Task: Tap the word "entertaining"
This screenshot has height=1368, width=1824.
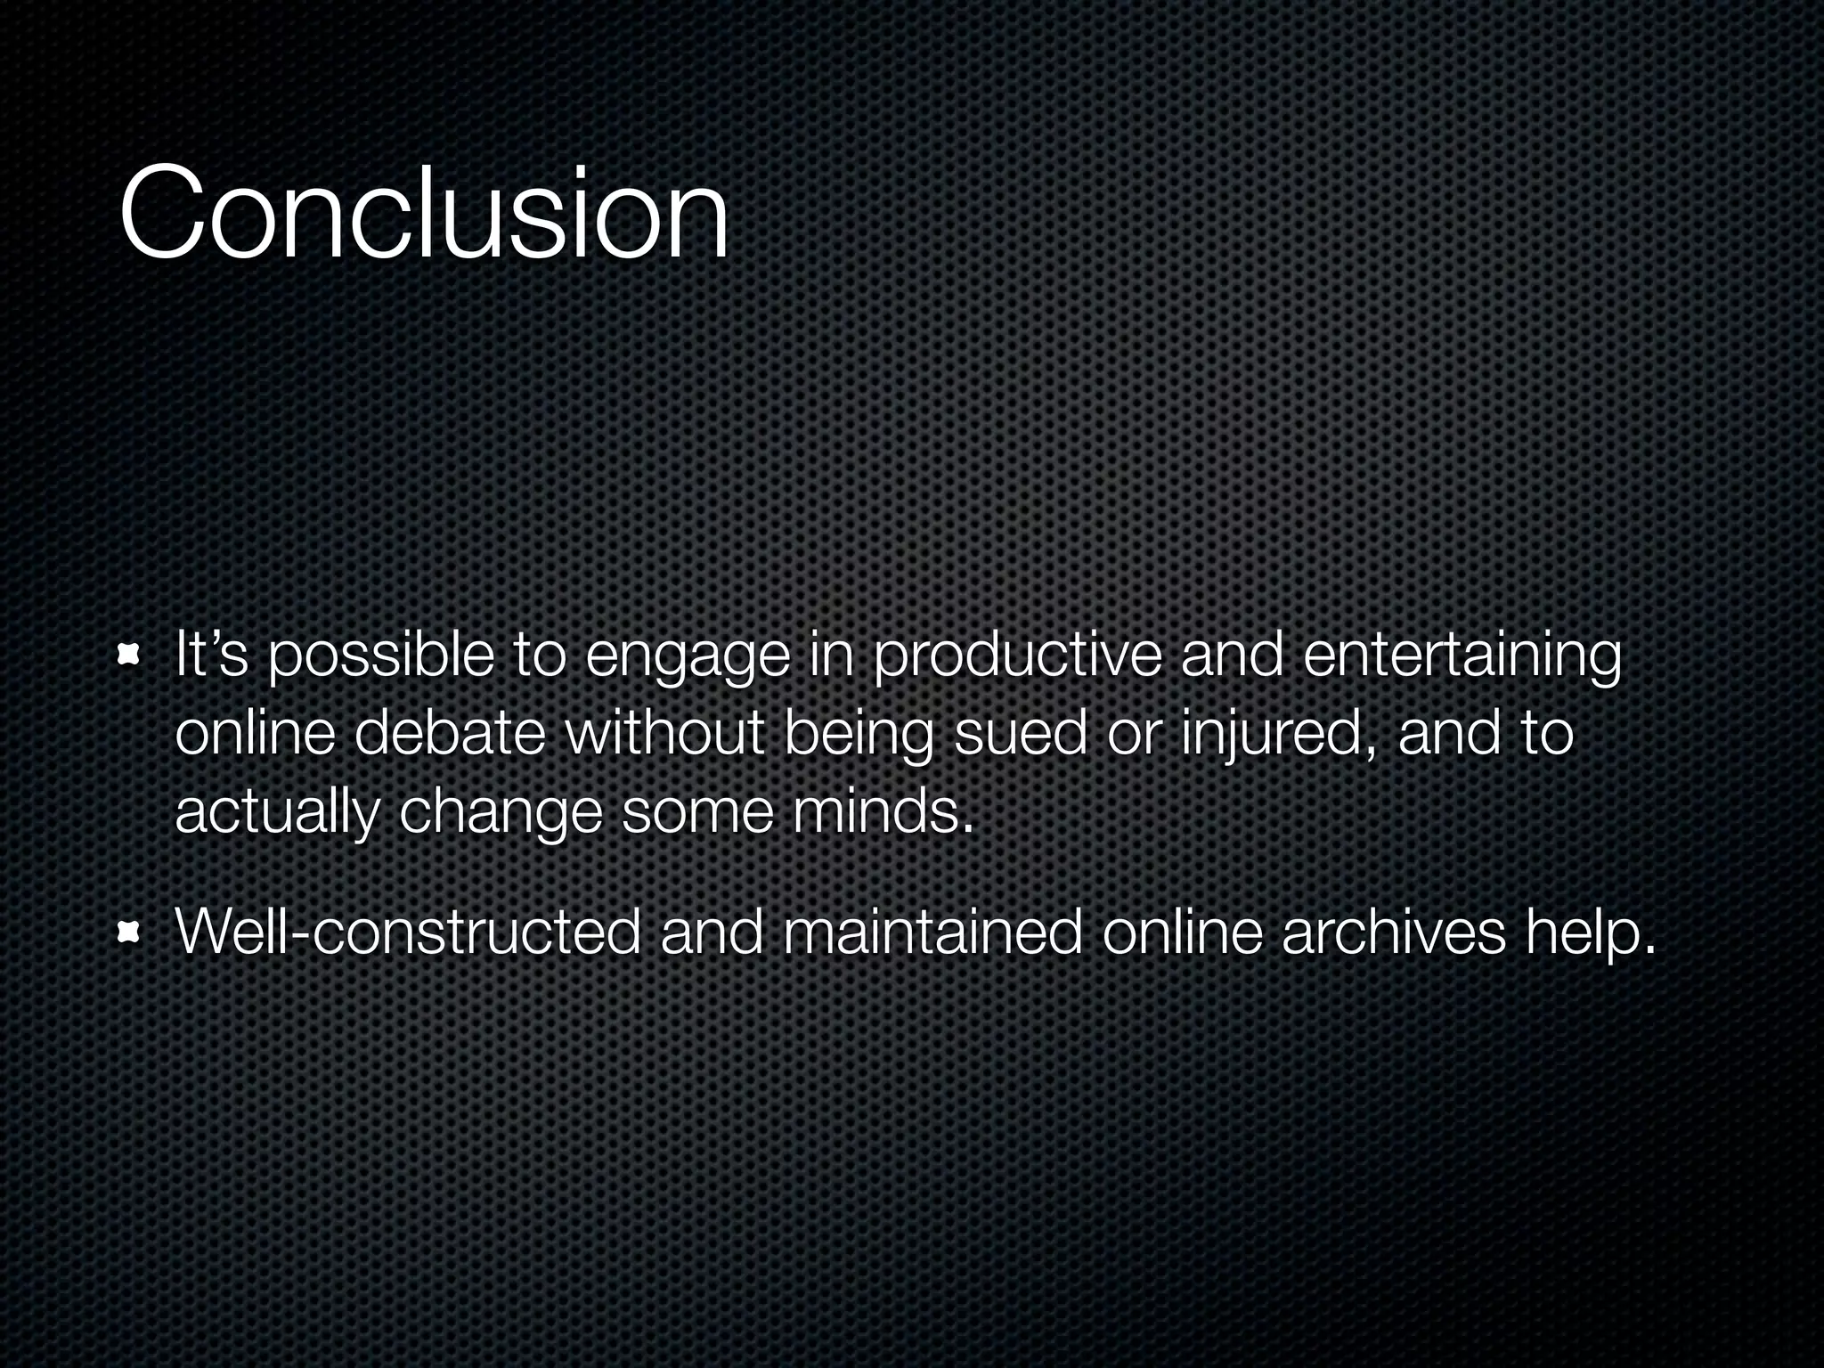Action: pyautogui.click(x=1462, y=656)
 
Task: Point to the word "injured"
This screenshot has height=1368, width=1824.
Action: pyautogui.click(x=1279, y=736)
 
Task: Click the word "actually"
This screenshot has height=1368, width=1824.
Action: pyautogui.click(x=276, y=812)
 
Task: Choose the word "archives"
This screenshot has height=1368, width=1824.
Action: pyautogui.click(x=1393, y=932)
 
